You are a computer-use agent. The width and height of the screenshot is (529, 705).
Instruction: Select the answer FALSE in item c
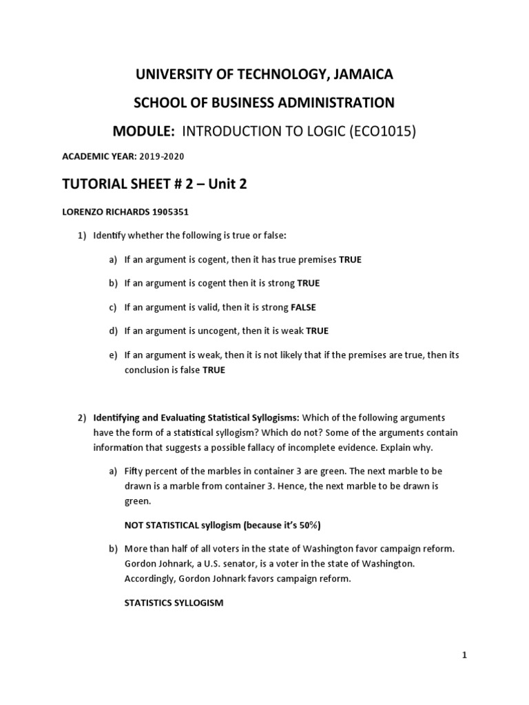(303, 307)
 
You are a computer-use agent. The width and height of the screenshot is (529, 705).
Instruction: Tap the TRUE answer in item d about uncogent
(318, 330)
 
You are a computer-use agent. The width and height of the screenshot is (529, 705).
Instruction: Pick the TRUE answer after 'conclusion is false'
(214, 370)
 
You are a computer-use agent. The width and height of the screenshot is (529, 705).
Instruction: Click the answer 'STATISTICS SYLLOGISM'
(174, 602)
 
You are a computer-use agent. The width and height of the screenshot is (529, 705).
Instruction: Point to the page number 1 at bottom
(465, 656)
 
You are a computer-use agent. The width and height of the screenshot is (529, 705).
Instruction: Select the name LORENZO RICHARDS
(101, 213)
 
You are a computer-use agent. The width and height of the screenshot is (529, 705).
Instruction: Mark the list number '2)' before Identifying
(81, 418)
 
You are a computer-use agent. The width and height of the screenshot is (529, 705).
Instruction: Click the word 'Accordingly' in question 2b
(150, 578)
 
